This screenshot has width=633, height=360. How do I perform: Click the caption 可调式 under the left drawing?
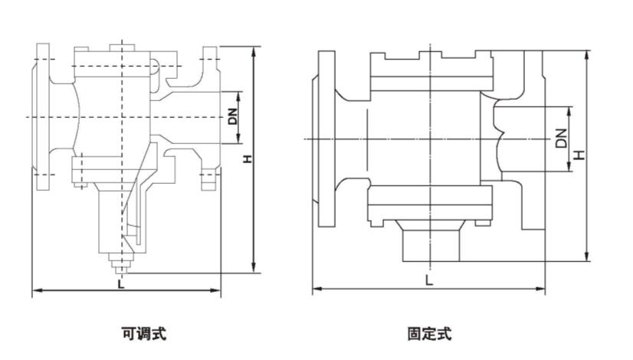[143, 333]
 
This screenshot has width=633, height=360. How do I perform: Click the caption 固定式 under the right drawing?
[429, 333]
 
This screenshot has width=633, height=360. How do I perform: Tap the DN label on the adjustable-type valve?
[232, 117]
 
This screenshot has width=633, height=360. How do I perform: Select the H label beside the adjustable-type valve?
[247, 159]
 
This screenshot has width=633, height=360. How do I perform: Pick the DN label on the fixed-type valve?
[561, 139]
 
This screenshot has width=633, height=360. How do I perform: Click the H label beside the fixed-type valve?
[579, 154]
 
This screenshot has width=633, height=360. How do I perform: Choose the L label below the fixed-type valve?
[428, 280]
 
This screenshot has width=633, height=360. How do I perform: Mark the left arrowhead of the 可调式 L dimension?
[34, 291]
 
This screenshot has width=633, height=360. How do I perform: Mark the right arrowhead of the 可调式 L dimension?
[218, 291]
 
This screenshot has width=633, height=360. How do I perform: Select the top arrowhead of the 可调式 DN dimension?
[239, 95]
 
